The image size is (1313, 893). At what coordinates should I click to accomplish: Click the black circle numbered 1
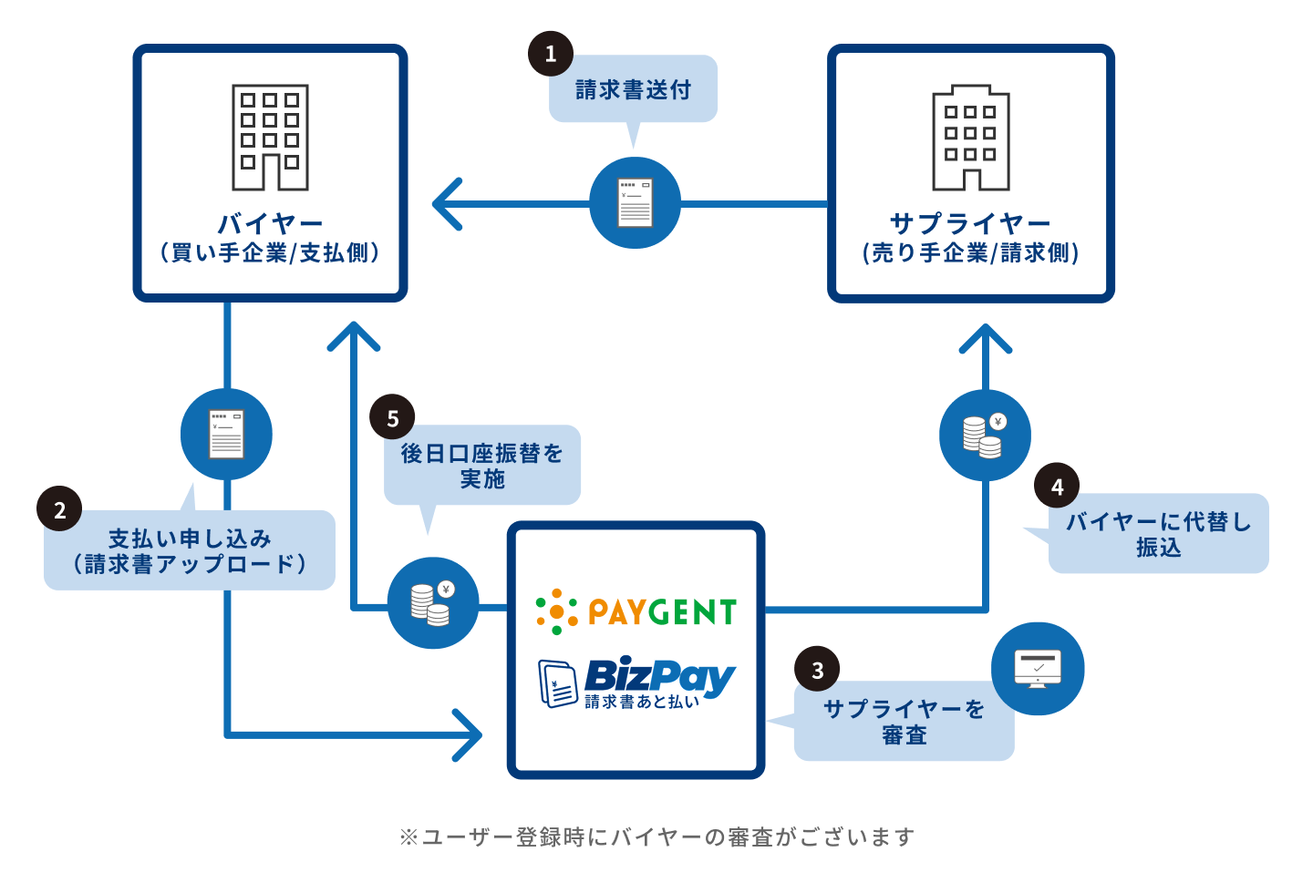(x=551, y=54)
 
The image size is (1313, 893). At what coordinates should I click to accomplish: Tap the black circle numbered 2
(x=59, y=509)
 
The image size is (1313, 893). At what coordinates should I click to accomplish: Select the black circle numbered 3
(x=817, y=670)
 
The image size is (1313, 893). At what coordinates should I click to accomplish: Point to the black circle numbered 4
(x=1057, y=487)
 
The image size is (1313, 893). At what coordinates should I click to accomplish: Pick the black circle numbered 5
(x=392, y=418)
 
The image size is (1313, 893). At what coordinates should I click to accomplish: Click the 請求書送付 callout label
(x=633, y=89)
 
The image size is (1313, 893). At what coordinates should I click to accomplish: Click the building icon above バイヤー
(x=270, y=138)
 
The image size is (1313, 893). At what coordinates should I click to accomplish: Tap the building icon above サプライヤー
(x=970, y=139)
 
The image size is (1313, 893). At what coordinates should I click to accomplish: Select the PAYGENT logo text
(x=662, y=612)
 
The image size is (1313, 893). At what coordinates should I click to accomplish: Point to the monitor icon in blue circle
(x=1038, y=669)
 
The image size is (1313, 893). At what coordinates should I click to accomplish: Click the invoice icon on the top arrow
(x=635, y=202)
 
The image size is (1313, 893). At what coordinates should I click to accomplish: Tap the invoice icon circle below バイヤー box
(x=226, y=435)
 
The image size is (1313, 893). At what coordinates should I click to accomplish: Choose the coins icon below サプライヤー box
(x=985, y=436)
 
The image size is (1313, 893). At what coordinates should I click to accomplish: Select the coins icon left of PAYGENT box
(x=433, y=602)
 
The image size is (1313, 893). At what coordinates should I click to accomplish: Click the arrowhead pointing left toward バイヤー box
(x=447, y=203)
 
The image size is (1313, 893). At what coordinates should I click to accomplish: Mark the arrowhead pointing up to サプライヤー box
(x=986, y=339)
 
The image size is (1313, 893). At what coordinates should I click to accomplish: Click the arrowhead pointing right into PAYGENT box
(x=469, y=734)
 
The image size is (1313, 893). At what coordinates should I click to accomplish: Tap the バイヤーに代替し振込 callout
(x=1158, y=534)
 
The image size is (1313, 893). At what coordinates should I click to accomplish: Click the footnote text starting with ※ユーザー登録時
(x=656, y=837)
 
